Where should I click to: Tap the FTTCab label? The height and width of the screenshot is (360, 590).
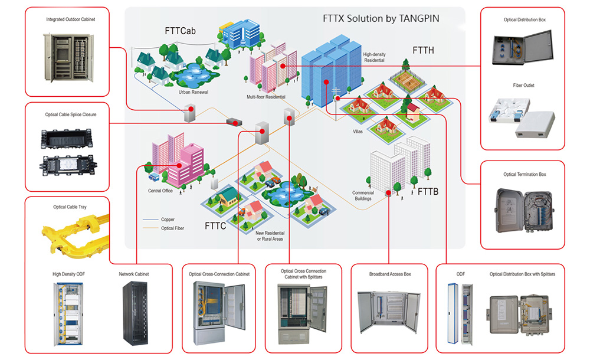(x=180, y=31)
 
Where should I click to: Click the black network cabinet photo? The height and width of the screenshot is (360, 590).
(x=133, y=312)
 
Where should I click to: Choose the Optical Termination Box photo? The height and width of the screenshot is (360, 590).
(x=522, y=212)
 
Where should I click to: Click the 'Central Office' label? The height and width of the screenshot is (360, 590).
(x=160, y=191)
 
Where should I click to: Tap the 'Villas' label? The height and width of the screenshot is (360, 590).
(x=358, y=131)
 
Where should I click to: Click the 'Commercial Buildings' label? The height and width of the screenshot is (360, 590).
(x=363, y=196)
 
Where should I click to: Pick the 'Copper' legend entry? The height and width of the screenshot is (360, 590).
(x=168, y=220)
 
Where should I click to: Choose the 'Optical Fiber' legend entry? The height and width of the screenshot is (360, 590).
(x=172, y=228)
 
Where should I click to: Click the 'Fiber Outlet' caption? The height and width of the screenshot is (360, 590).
(x=523, y=86)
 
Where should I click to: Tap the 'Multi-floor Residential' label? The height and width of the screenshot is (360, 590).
(x=266, y=97)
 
